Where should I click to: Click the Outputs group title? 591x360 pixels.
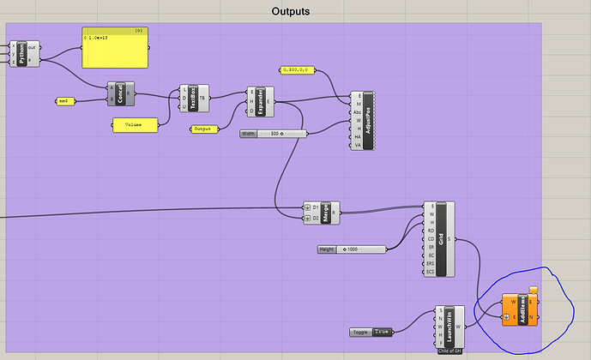pos(290,12)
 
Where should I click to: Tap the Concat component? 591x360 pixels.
pos(122,94)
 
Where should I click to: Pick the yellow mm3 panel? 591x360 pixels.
pos(63,101)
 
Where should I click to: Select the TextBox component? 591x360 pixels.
pos(194,98)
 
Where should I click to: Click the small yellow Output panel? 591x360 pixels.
pos(202,129)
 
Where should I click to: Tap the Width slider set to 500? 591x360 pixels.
pos(274,134)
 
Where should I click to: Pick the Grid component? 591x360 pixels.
pos(441,238)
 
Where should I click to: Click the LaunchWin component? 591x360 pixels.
pos(451,327)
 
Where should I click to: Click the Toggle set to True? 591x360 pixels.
pos(371,332)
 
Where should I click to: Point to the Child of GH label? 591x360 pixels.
pos(450,351)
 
